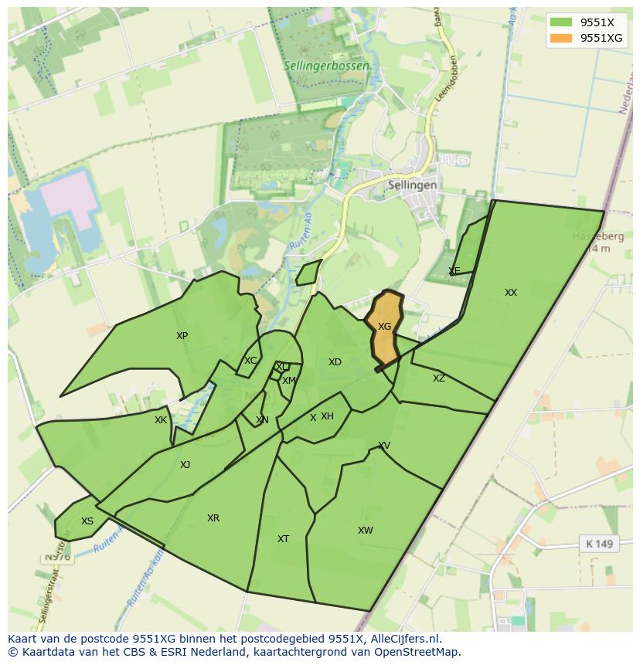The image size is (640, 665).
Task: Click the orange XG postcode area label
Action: pyautogui.click(x=384, y=327)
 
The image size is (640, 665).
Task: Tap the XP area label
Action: pyautogui.click(x=182, y=336)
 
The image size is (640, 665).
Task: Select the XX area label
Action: pyautogui.click(x=510, y=293)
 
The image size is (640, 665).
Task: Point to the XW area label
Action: pyautogui.click(x=365, y=531)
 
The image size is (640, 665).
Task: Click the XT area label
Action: pyautogui.click(x=283, y=539)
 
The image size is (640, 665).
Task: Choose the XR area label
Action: pyautogui.click(x=213, y=518)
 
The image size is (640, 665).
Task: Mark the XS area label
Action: pyautogui.click(x=87, y=521)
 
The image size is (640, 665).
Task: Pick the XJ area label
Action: pyautogui.click(x=185, y=465)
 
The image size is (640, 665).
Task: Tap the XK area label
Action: pyautogui.click(x=160, y=420)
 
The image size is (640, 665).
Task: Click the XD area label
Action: pyautogui.click(x=335, y=362)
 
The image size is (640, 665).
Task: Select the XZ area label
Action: pyautogui.click(x=438, y=378)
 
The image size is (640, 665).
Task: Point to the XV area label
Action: pyautogui.click(x=384, y=446)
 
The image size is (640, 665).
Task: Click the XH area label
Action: pyautogui.click(x=327, y=416)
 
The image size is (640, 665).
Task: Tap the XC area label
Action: pyautogui.click(x=250, y=361)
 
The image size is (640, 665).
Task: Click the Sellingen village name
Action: pyautogui.click(x=413, y=185)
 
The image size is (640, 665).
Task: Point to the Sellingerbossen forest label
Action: pyautogui.click(x=326, y=66)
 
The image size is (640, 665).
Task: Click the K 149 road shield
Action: pyautogui.click(x=599, y=544)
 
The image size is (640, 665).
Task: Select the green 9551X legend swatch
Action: pyautogui.click(x=562, y=22)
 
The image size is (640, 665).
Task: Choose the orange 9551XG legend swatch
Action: pyautogui.click(x=562, y=38)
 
